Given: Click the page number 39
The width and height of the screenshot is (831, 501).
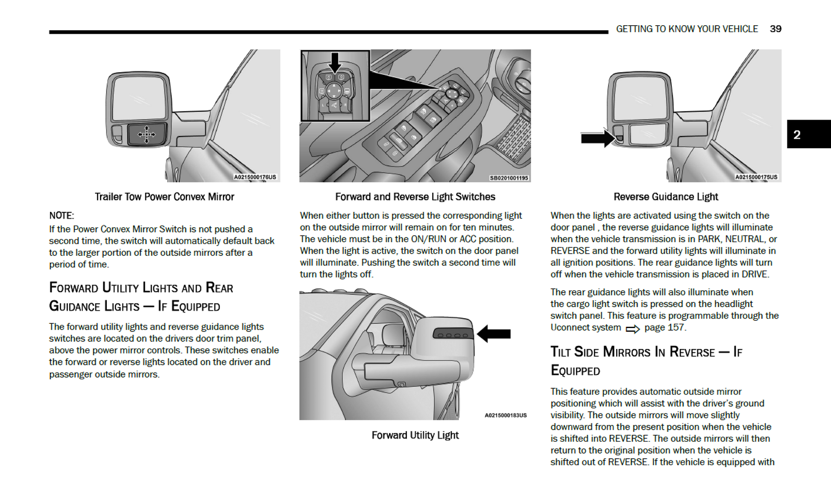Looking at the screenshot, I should pos(775,29).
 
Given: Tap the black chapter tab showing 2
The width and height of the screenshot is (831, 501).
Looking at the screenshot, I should pos(808,135).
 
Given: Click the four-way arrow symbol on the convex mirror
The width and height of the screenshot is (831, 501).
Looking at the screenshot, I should pos(146,135).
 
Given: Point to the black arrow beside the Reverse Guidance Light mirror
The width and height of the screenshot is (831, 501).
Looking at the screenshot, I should pos(597,138).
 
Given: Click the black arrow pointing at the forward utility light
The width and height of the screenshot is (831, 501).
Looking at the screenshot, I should pos(494,334).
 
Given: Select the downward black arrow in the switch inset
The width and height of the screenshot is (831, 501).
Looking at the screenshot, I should pos(335,62).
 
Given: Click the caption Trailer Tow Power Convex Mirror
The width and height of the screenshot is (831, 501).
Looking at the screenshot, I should pos(164,197).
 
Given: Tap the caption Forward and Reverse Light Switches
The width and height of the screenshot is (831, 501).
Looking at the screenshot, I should pos(415,197).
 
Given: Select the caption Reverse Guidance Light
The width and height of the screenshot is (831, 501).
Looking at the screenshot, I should pos(665,197).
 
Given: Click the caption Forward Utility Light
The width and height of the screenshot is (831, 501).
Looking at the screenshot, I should pos(415,435).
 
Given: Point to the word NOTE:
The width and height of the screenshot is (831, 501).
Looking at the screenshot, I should pos(61,215).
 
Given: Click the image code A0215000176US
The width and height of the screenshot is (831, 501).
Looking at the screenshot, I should pos(255,177).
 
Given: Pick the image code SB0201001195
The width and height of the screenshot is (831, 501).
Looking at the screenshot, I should pos(508,178).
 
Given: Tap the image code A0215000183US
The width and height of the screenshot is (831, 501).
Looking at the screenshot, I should pos(506,415).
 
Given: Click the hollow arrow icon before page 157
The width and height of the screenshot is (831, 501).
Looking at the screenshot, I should pos(632,328).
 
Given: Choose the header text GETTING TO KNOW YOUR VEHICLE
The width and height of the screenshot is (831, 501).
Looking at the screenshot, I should pos(687,29).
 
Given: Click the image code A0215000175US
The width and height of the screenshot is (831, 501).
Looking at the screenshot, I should pos(756,177).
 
